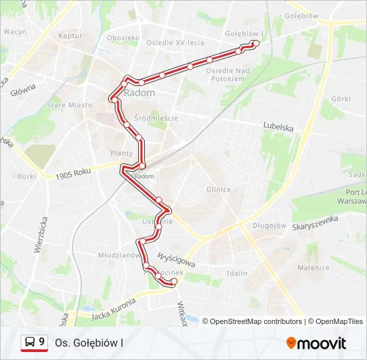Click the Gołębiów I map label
(244, 33)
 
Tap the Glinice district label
(218, 189)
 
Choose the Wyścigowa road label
(176, 259)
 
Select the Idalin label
(237, 273)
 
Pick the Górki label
(340, 99)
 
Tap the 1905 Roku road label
(73, 174)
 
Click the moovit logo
(316, 343)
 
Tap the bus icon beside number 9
(30, 343)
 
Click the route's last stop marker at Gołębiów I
(255, 43)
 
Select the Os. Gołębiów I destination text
(89, 343)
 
